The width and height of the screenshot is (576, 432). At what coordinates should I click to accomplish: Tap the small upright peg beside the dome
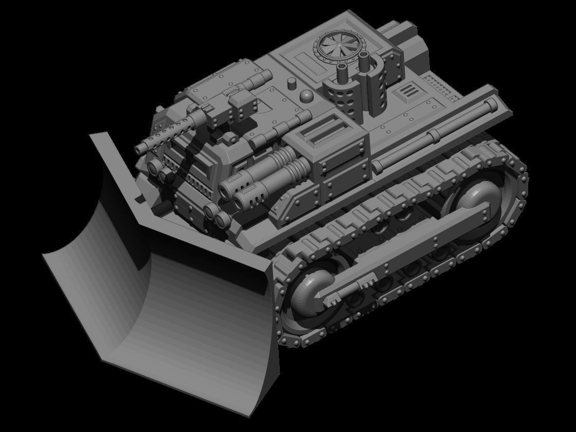tap(291, 83)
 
